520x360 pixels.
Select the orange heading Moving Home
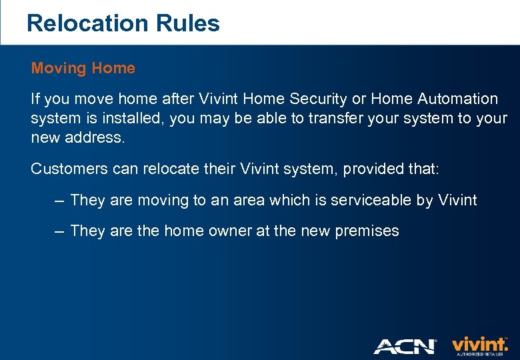[x=83, y=68]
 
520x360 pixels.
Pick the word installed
[x=135, y=119]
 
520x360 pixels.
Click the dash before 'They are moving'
[x=59, y=200]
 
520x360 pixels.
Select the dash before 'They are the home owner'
[x=59, y=231]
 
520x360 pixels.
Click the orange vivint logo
[x=479, y=345]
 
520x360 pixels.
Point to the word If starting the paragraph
[x=35, y=99]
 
